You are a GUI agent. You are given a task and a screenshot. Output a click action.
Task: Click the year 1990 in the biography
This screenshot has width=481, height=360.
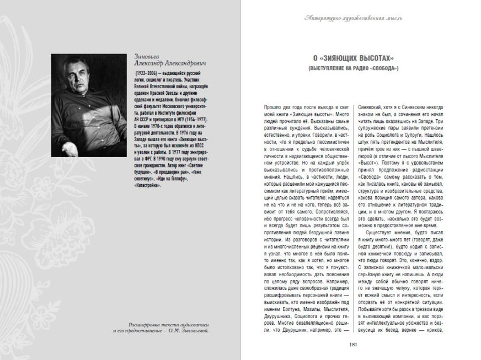164,158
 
